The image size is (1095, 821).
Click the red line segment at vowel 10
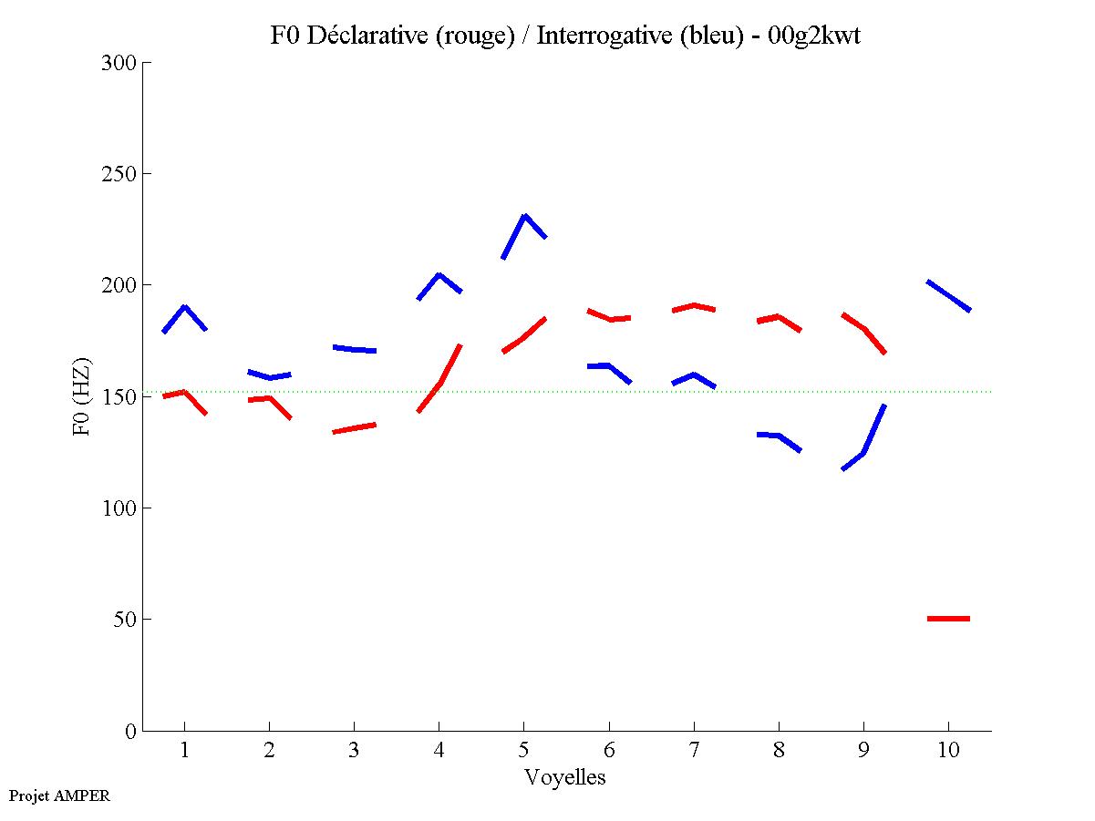pos(948,619)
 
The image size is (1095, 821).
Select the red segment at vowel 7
pos(694,305)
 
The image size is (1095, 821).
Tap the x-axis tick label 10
pos(948,751)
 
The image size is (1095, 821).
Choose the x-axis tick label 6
pos(609,751)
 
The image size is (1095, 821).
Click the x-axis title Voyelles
pos(565,777)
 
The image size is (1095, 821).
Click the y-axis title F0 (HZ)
pos(82,396)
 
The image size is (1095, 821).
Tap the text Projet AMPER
pos(59,795)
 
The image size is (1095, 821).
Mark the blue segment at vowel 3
pos(355,349)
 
